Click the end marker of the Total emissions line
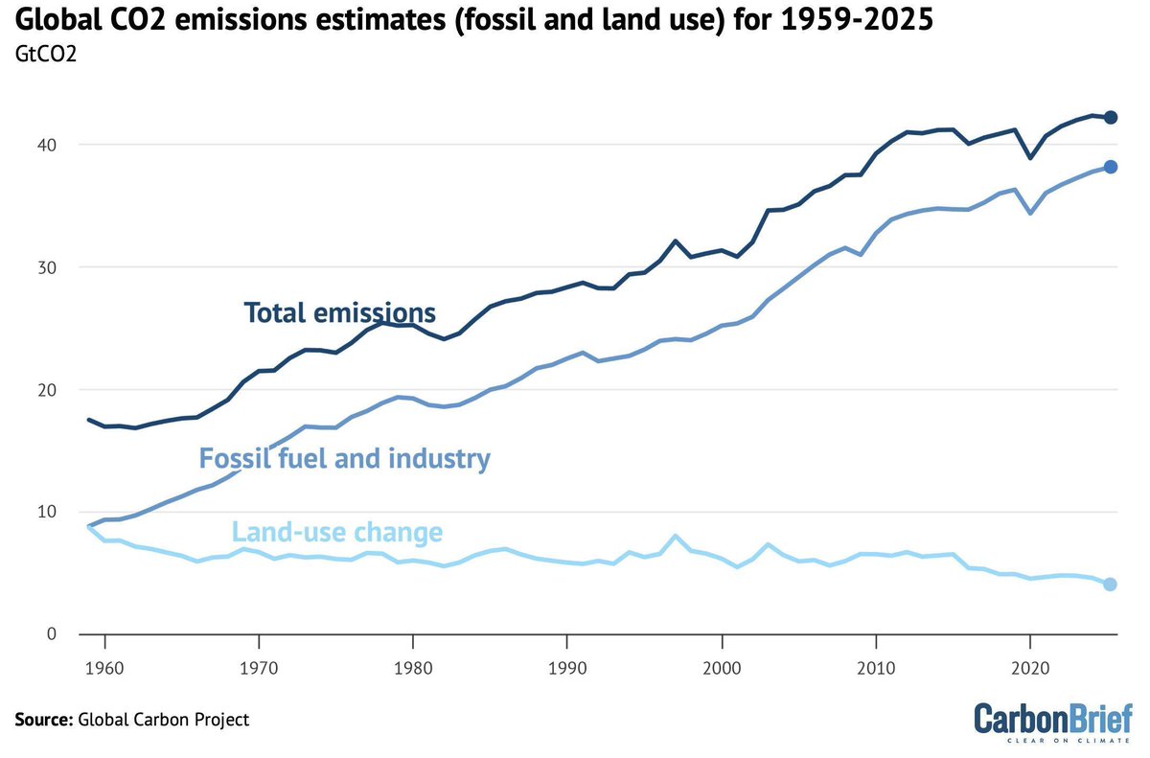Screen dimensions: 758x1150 (1111, 117)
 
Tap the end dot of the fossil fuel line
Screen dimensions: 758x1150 (1111, 167)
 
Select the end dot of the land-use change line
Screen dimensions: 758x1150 (1110, 585)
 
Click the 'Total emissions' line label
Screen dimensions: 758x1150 (339, 312)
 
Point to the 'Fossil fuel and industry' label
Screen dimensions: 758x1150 (344, 458)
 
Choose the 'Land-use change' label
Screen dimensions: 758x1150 (336, 532)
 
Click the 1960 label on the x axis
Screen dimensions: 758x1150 (104, 663)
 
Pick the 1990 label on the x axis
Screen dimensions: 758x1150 (566, 663)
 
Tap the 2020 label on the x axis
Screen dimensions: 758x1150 (1029, 663)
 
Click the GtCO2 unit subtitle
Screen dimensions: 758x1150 (45, 54)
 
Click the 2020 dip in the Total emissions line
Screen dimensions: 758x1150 (1030, 157)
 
